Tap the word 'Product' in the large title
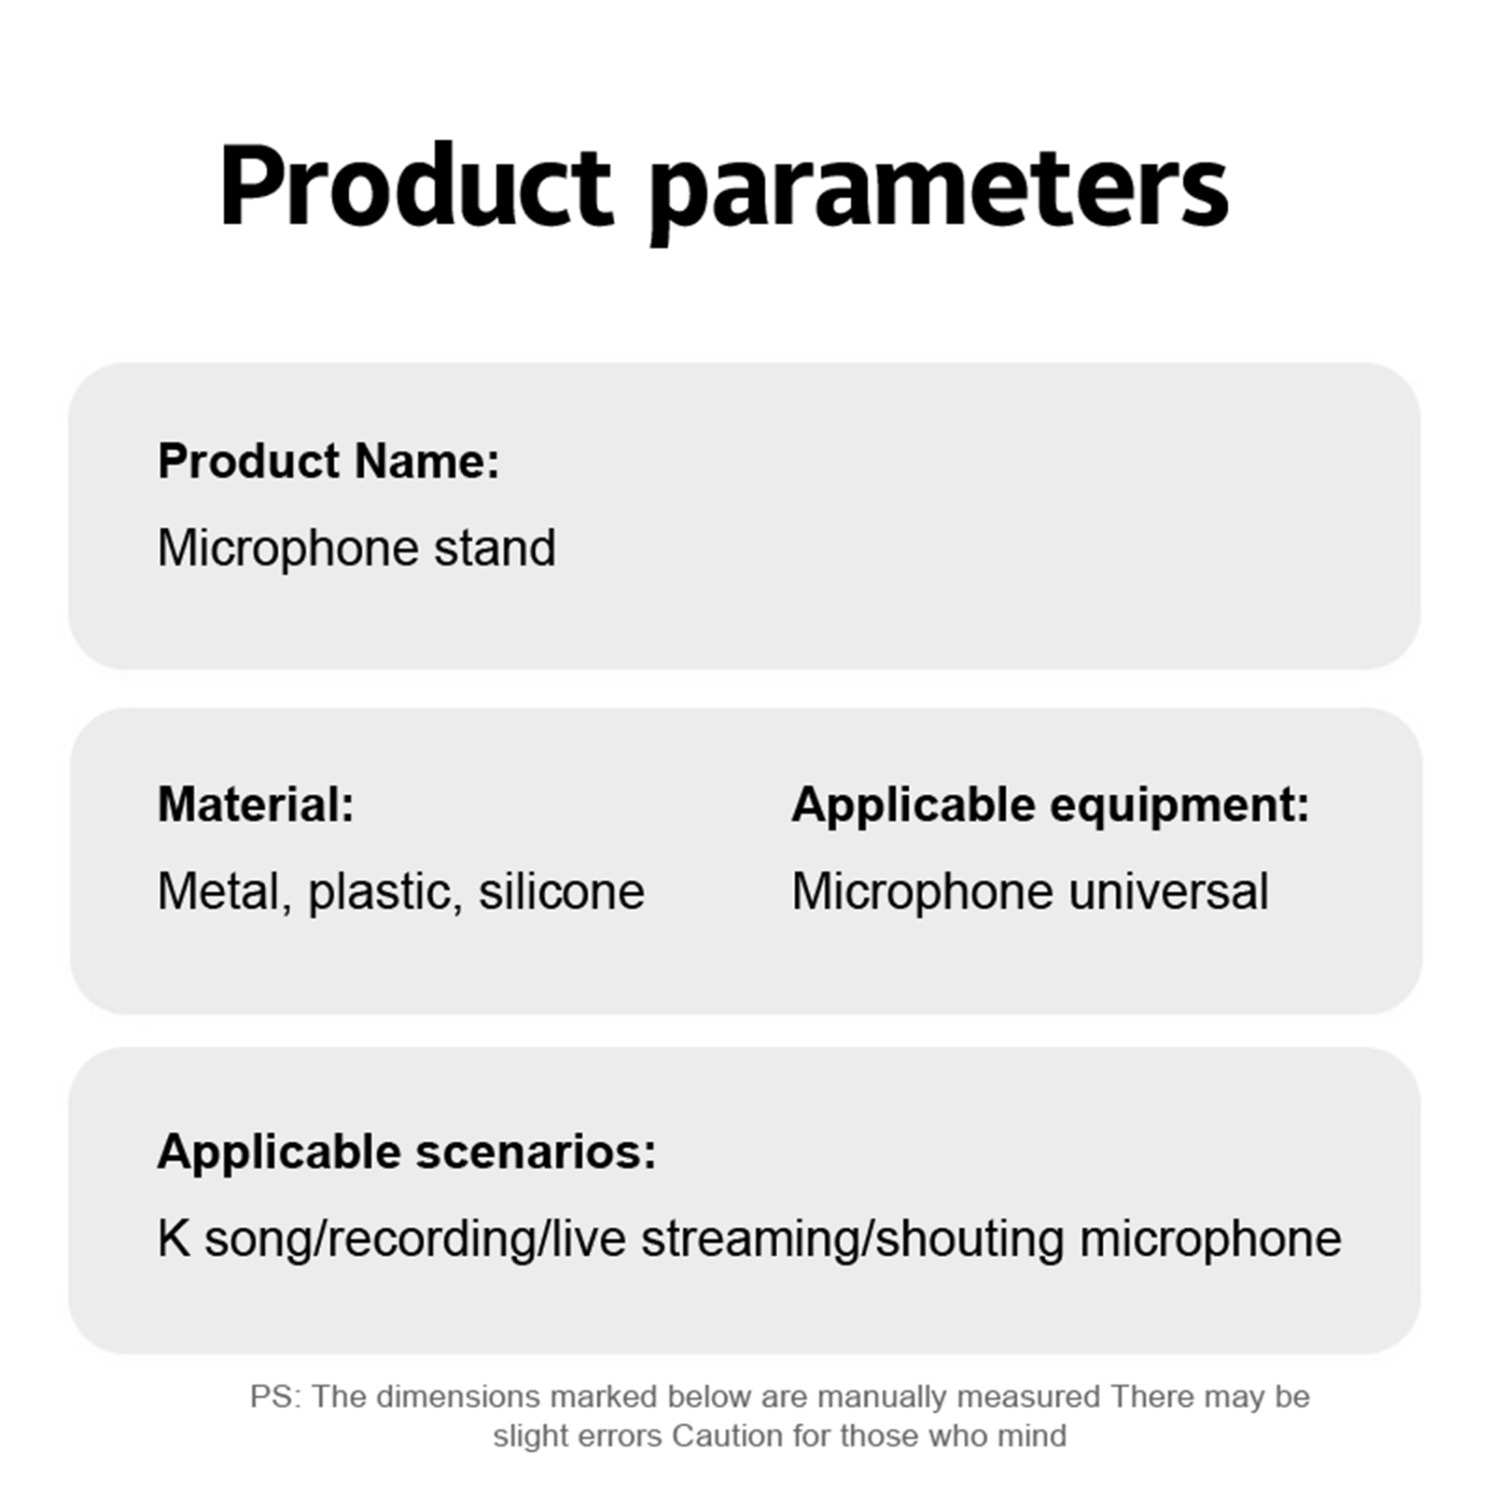click(416, 184)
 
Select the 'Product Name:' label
click(328, 461)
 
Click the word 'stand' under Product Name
click(495, 548)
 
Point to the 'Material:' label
click(256, 804)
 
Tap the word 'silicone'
click(562, 891)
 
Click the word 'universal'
click(1168, 891)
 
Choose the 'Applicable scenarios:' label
click(407, 1152)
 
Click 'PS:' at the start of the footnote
click(275, 1397)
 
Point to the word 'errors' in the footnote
click(617, 1436)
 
